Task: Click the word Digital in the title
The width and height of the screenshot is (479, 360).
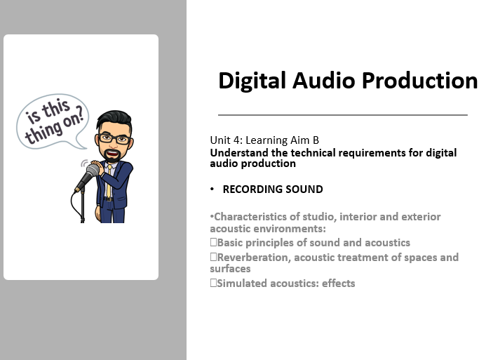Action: click(x=250, y=81)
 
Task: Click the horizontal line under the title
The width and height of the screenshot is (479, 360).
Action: click(x=342, y=114)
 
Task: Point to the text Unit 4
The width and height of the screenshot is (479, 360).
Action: click(x=224, y=140)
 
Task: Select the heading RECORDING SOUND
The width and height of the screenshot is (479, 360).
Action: click(x=272, y=189)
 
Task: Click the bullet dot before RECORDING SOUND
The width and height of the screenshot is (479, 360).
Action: click(x=212, y=189)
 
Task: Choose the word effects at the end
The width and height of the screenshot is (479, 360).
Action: click(x=339, y=284)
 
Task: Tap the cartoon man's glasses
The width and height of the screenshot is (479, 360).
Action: click(x=114, y=138)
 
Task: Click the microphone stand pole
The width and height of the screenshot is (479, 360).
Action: click(x=83, y=207)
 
